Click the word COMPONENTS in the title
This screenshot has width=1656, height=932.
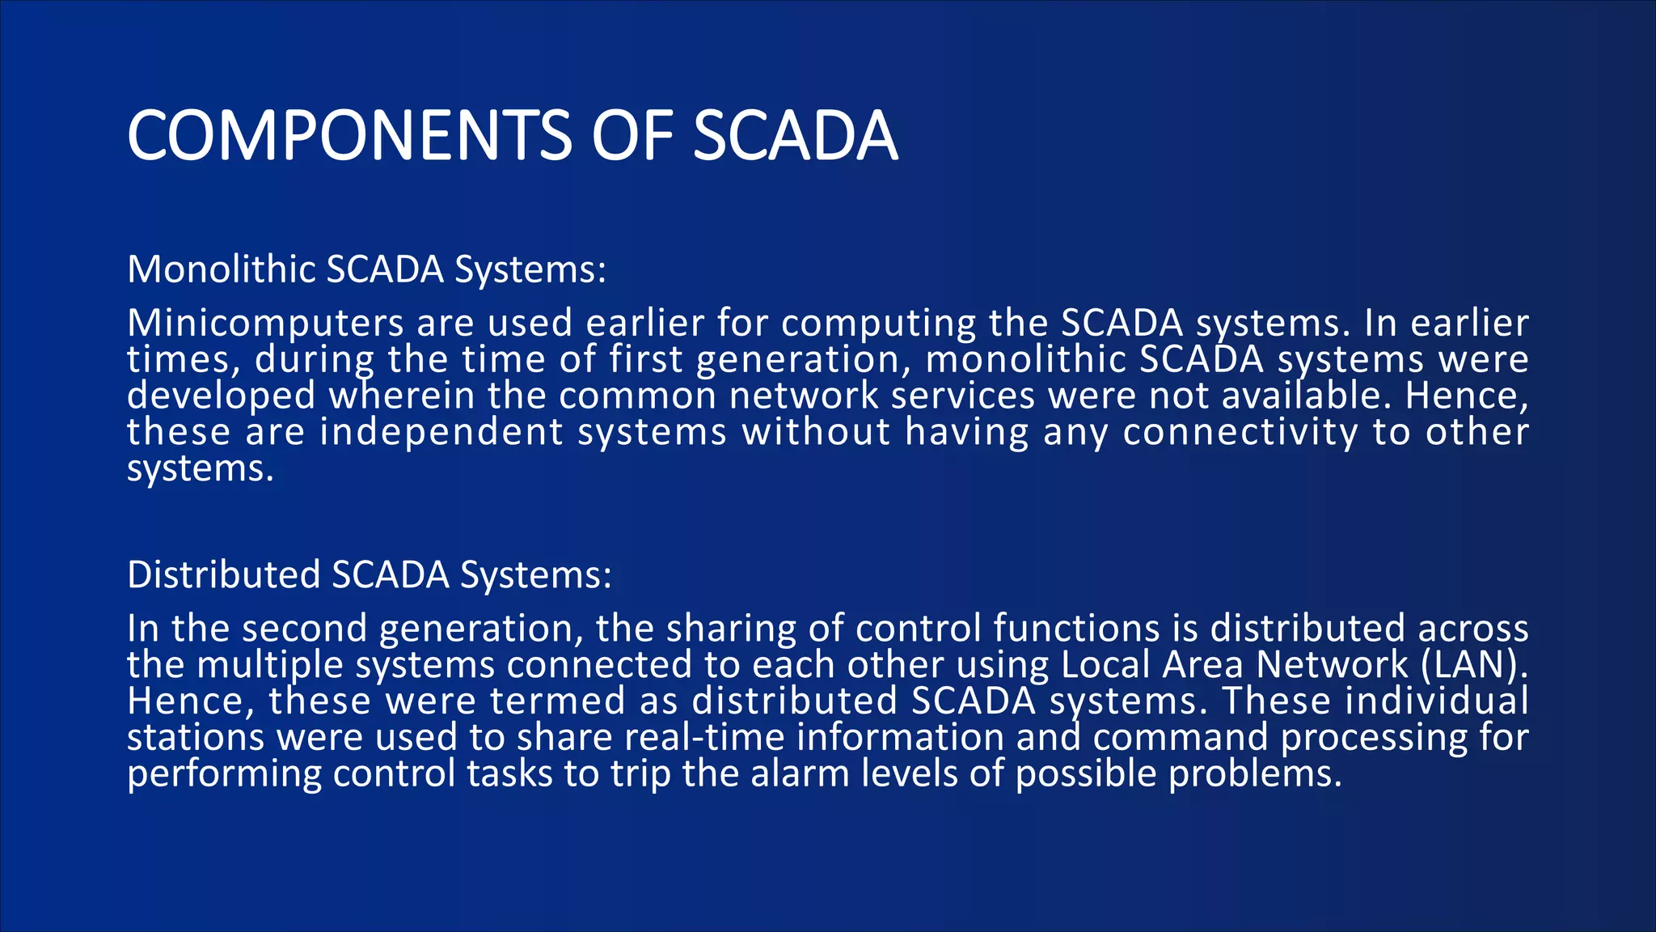[x=349, y=135]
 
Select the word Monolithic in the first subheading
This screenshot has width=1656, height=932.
[x=221, y=269]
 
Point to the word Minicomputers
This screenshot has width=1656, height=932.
[x=265, y=324]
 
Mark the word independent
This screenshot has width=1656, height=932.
[x=441, y=432]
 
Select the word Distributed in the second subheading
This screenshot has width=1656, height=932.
[x=224, y=575]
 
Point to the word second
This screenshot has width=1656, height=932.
[x=304, y=629]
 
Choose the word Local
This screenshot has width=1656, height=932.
[x=1105, y=665]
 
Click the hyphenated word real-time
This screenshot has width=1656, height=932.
[x=704, y=737]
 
